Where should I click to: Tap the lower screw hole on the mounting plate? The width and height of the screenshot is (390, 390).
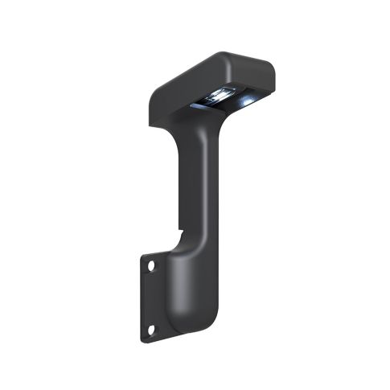(150, 329)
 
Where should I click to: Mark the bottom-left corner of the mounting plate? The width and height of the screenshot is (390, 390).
(144, 340)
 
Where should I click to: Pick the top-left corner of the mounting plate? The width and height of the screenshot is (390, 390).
(144, 255)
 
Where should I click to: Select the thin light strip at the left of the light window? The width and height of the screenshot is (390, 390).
(197, 104)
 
